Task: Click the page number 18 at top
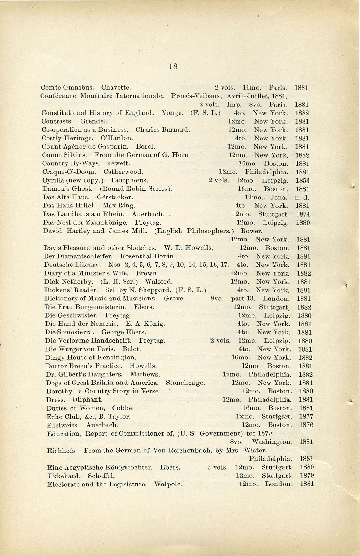point(173,66)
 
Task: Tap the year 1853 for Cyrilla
point(302,181)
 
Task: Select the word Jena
point(279,198)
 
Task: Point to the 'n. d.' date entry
point(302,198)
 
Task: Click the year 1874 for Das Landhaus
point(303,214)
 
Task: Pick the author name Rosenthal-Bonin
point(148,256)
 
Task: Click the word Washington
point(272,442)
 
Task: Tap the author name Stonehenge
point(185,383)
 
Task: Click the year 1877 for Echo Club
point(306,417)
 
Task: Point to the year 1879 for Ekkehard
point(307,476)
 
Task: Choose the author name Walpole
point(168,485)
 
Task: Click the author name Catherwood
point(123,172)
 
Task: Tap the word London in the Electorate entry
point(279,484)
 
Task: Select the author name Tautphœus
point(129,180)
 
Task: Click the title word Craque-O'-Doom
point(69,172)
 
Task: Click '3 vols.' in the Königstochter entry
point(217,467)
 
